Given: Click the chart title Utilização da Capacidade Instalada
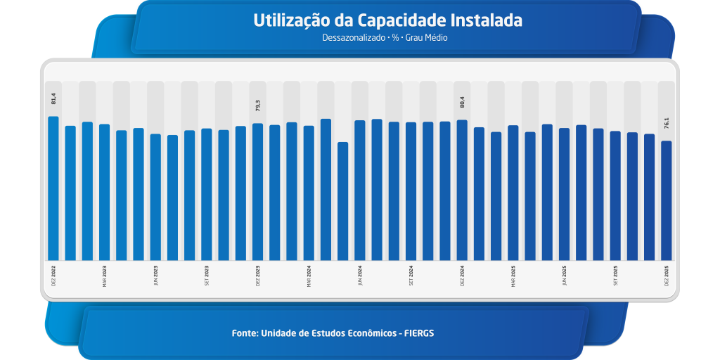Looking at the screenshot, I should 387,20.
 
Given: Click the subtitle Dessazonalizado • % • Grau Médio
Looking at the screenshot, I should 385,38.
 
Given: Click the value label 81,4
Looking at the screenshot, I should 53,98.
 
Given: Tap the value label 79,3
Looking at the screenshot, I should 257,105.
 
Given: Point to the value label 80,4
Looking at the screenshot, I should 462,101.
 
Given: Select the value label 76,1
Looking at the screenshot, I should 667,122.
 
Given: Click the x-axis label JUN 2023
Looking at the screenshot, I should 155,275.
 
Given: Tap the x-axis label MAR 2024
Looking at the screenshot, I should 309,275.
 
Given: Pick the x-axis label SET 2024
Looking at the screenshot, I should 411,275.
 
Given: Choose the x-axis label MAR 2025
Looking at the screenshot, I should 513,275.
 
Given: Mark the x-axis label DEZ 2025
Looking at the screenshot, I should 667,275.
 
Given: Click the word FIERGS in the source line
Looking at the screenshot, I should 420,333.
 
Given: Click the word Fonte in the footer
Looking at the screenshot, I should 244,333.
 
